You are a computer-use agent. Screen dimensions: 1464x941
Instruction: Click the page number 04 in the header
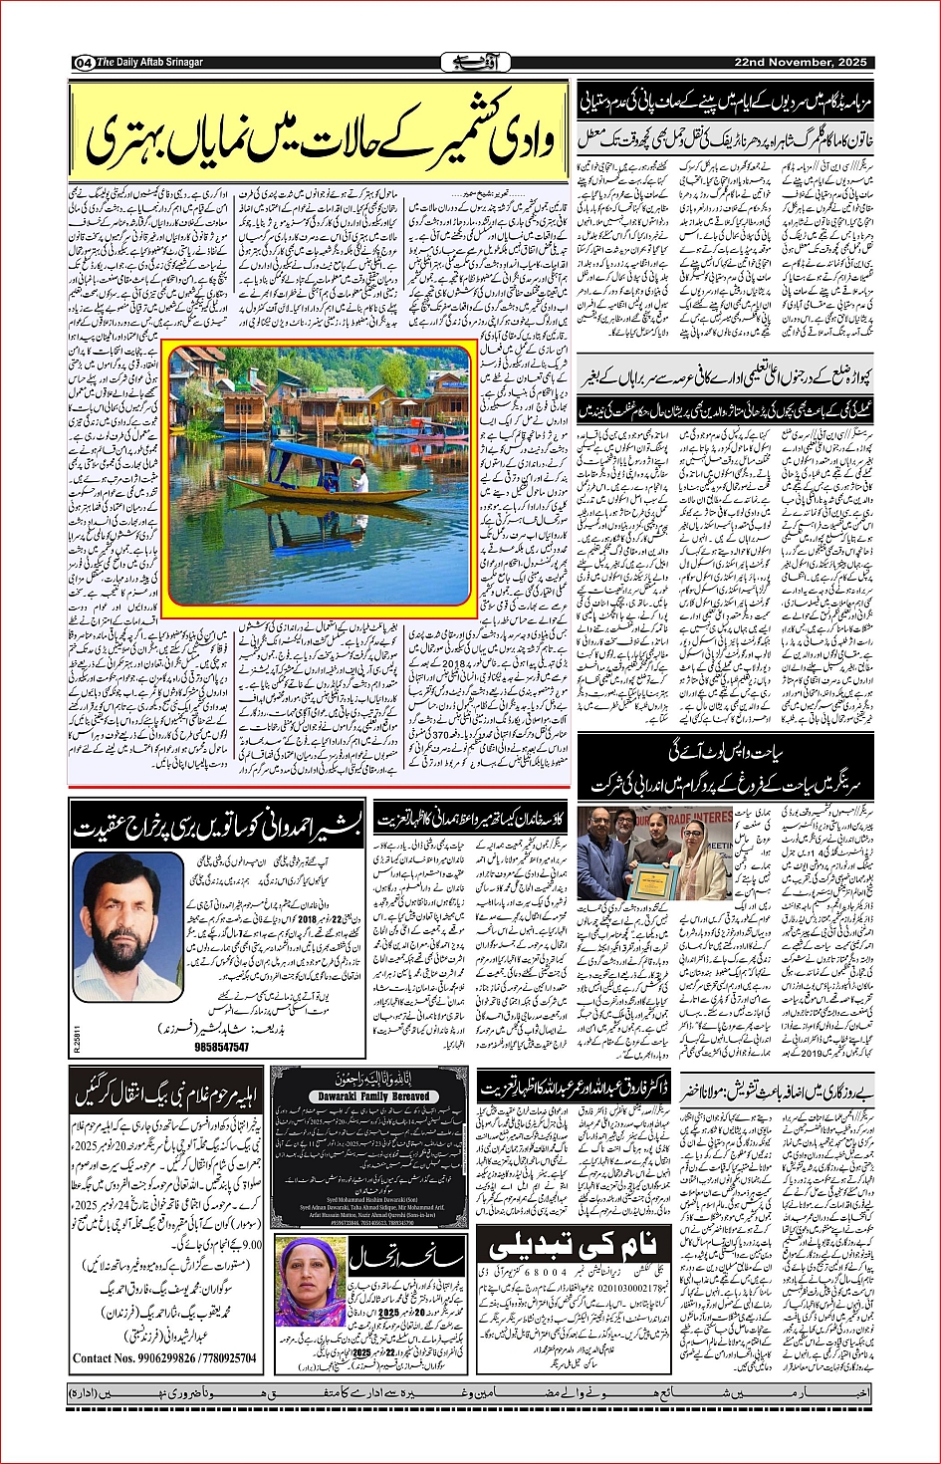click(82, 63)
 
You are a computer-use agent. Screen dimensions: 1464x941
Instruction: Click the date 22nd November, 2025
click(801, 62)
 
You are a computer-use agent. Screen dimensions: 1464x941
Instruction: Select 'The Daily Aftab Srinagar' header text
click(149, 63)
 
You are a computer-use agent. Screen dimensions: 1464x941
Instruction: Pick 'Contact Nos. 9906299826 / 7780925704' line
click(164, 1357)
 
